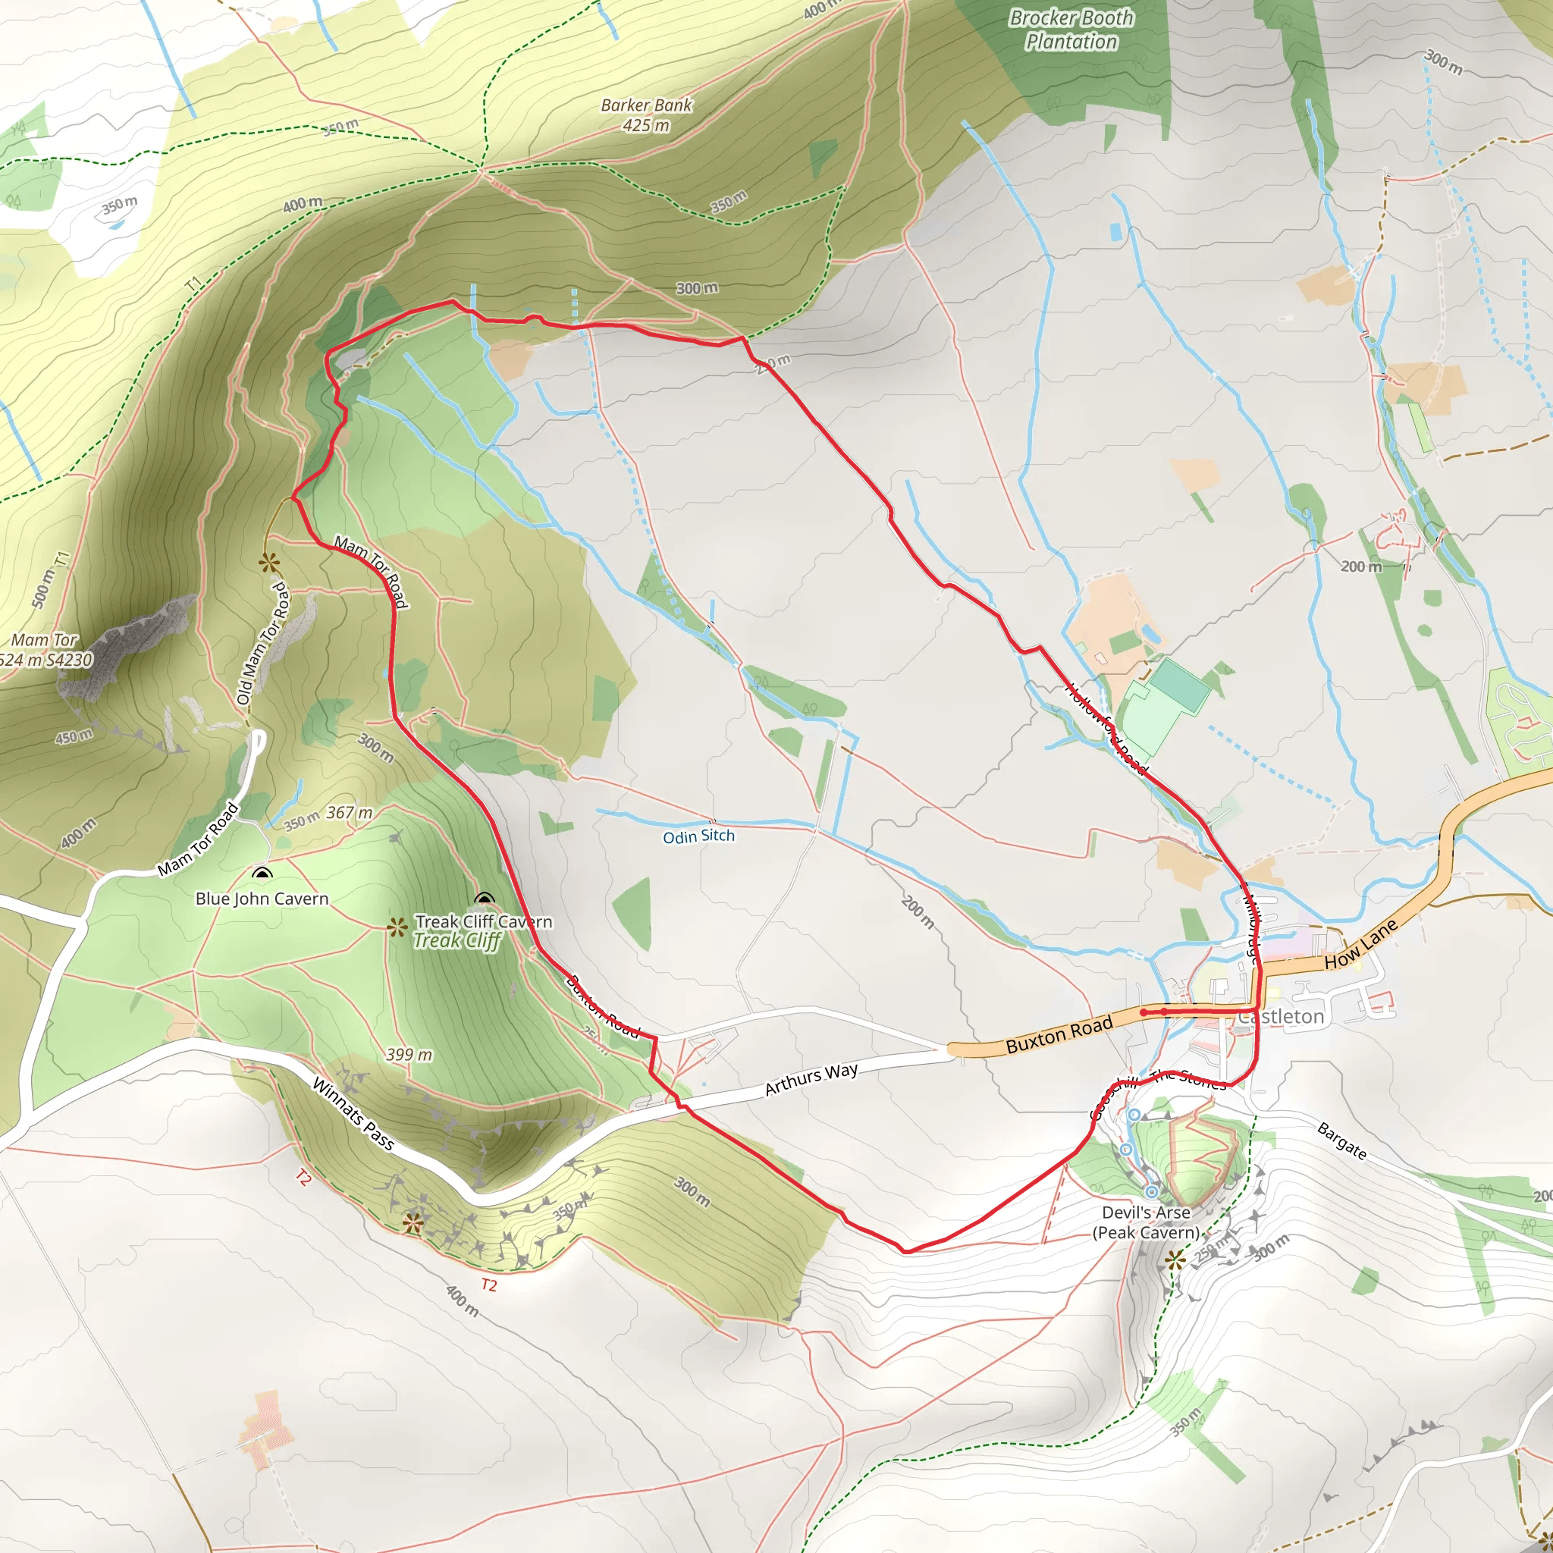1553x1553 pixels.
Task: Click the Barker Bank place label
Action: tap(646, 115)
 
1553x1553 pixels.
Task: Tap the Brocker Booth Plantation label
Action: tap(1071, 30)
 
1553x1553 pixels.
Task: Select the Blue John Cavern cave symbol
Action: tap(262, 874)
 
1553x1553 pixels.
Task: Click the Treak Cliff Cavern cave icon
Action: tap(483, 899)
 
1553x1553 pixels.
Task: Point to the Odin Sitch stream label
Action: tap(698, 836)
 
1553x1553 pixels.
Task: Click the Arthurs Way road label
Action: tap(811, 1079)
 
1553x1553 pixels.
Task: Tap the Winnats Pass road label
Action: tap(353, 1114)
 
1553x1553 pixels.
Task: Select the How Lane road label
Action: tap(1361, 943)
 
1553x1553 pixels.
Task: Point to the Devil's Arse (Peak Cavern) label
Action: tap(1146, 1222)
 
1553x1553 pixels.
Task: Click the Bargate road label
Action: tap(1341, 1140)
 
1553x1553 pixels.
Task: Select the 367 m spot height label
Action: tap(350, 813)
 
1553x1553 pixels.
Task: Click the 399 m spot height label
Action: tap(409, 1054)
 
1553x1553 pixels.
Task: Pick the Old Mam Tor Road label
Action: tap(263, 643)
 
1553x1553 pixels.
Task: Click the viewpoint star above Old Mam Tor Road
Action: tap(269, 563)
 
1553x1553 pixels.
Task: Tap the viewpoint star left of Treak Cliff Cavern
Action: tap(397, 927)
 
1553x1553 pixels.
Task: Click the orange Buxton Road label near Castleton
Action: tap(1059, 1034)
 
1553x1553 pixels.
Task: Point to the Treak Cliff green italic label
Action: tap(457, 940)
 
